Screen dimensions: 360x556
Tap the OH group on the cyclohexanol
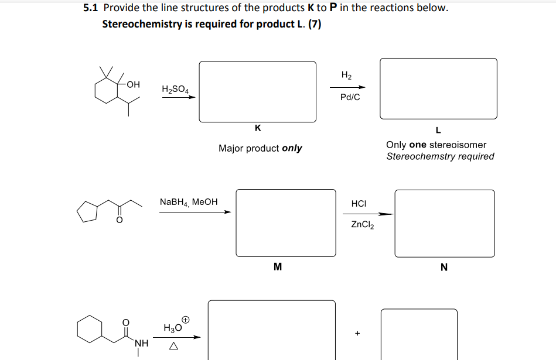point(133,84)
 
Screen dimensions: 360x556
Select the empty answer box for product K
point(258,91)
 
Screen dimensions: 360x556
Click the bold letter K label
point(258,128)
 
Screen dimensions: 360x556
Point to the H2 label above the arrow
point(346,75)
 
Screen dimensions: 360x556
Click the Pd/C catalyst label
point(350,97)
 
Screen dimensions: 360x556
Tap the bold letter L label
point(438,130)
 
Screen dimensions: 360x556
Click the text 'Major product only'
point(260,148)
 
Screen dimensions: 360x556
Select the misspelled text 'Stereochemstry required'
point(440,156)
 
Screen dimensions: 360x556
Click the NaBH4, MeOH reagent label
point(189,202)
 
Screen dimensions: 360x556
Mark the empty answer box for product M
point(286,222)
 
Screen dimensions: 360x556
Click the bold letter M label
point(278,268)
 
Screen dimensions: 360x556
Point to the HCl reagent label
point(359,203)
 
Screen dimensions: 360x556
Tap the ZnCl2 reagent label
point(363,224)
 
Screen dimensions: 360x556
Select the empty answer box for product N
point(444,223)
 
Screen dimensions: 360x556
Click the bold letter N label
point(444,268)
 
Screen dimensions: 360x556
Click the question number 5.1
point(91,8)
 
